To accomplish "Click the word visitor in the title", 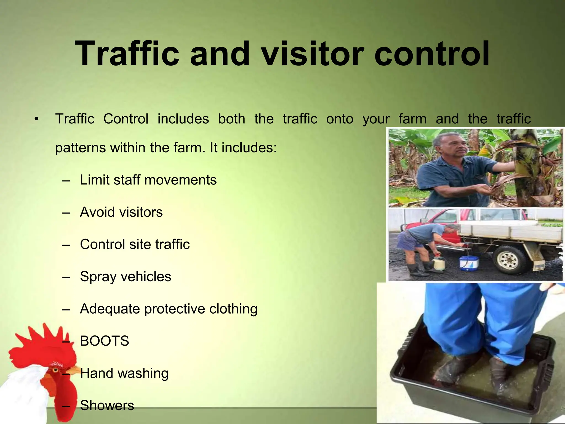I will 313,54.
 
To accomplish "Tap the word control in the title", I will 432,54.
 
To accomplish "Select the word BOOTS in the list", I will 104,341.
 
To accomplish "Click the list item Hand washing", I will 124,373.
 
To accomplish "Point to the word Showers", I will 107,406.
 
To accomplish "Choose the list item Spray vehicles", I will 126,277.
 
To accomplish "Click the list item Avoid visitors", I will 121,212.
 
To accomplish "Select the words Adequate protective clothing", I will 169,309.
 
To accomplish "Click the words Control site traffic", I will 135,244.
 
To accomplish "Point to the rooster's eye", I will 56,369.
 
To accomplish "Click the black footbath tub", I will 466,386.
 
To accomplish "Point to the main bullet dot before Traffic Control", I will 36,119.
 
